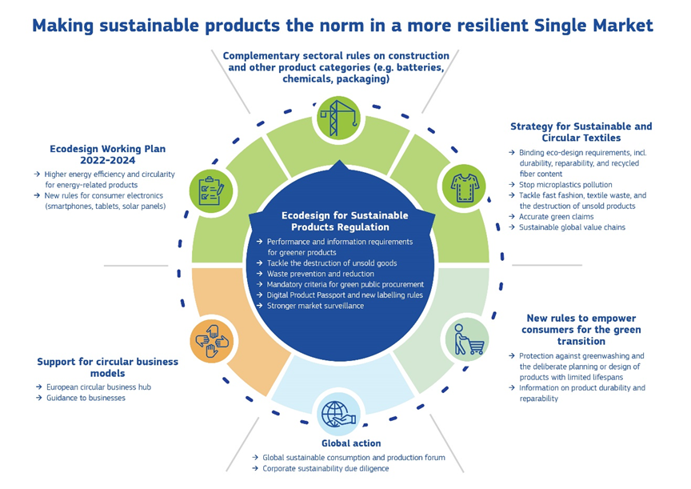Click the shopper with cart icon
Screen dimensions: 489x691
pyautogui.click(x=466, y=340)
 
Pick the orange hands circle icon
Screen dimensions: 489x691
pyautogui.click(x=210, y=341)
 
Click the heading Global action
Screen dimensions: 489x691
pyautogui.click(x=350, y=443)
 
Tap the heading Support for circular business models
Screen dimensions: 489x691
pyautogui.click(x=107, y=367)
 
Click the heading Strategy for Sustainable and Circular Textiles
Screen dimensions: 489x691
pyautogui.click(x=581, y=132)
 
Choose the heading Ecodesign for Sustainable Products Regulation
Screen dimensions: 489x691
pyautogui.click(x=345, y=222)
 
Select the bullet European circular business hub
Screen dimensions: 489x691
pyautogui.click(x=104, y=387)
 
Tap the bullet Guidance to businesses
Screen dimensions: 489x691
pyautogui.click(x=85, y=399)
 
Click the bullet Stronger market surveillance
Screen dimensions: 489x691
pyautogui.click(x=315, y=306)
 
